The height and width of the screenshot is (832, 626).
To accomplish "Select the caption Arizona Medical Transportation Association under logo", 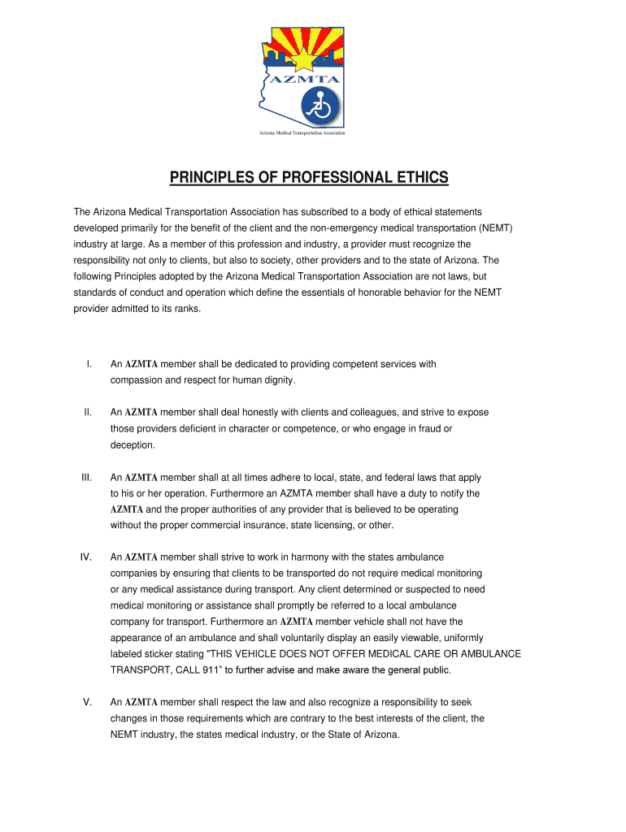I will click(303, 133).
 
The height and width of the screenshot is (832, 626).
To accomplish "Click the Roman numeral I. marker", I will click(89, 364).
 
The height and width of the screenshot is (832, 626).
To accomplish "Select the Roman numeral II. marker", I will click(88, 413).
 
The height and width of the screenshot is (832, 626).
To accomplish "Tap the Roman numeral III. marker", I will click(87, 478).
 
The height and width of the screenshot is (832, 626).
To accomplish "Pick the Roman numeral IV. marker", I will click(85, 557).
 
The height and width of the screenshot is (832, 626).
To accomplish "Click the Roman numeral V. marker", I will click(87, 702).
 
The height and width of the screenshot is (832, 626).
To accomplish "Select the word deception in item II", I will click(131, 445).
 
